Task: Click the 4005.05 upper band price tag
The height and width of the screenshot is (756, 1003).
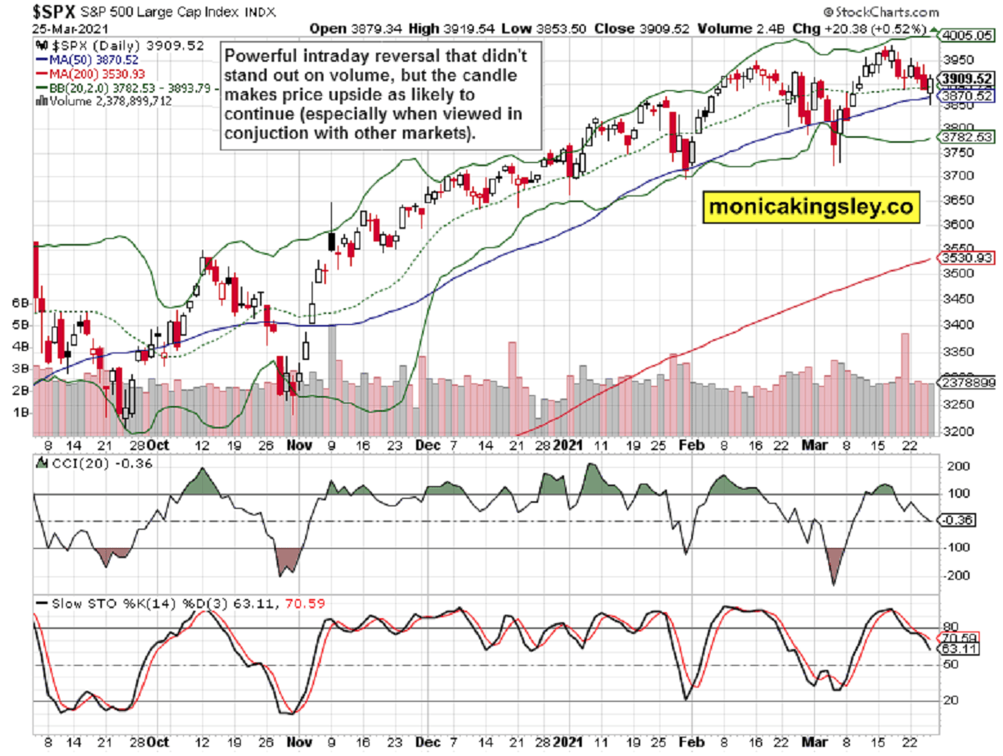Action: tap(965, 35)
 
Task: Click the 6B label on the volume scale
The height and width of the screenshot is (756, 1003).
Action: tap(18, 302)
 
